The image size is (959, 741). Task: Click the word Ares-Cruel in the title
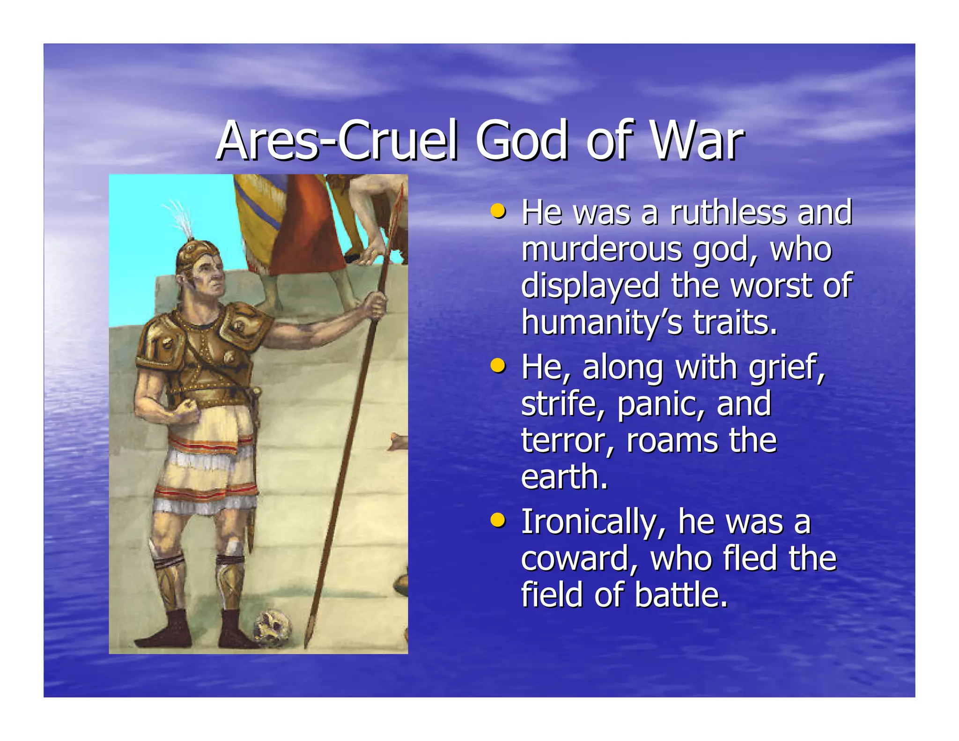pyautogui.click(x=337, y=141)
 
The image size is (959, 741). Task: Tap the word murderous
pyautogui.click(x=601, y=249)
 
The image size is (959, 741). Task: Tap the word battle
pyautogui.click(x=681, y=595)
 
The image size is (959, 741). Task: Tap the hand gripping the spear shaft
pyautogui.click(x=375, y=304)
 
